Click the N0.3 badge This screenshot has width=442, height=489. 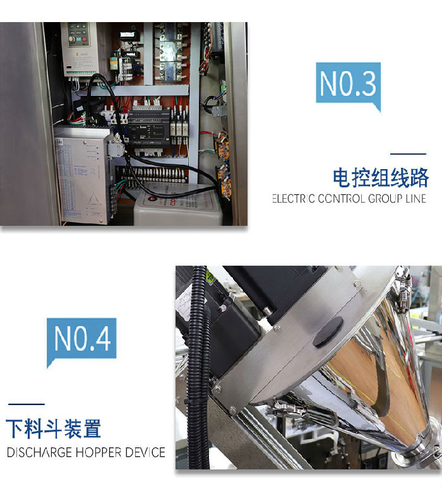(348, 84)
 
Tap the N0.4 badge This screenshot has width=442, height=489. (82, 339)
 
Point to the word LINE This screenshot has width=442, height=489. (414, 199)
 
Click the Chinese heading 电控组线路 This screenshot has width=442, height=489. (381, 178)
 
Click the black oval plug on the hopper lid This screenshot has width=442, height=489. (328, 331)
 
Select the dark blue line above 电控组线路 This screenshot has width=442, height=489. (407, 153)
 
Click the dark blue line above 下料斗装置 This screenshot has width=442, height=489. (26, 404)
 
